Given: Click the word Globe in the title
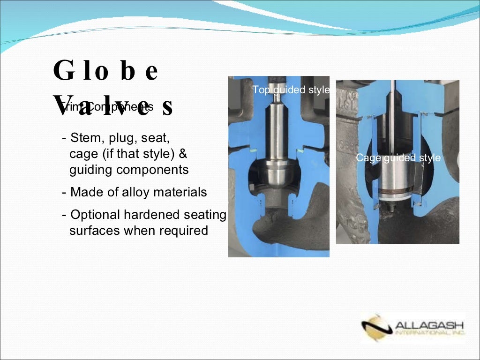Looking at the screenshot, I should point(105,71).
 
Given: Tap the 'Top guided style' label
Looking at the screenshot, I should point(291,90).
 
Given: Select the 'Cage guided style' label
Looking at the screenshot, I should point(398,157).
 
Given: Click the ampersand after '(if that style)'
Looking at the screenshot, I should point(183,154).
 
